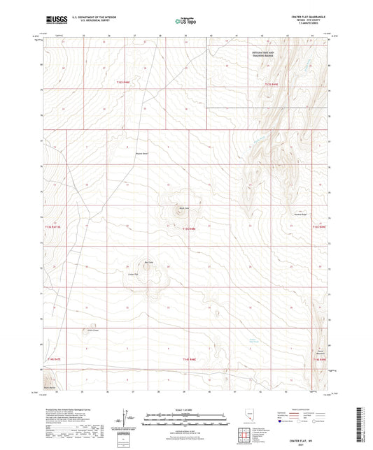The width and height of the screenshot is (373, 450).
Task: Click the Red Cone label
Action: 148,262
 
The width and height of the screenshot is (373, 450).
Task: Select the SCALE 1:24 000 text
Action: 185,409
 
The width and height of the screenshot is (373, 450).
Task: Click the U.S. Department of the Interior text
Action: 84,19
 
